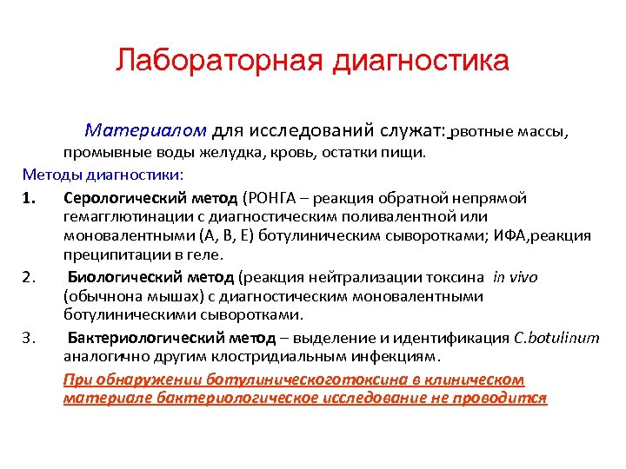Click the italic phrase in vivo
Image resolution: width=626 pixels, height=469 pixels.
[516, 277]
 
